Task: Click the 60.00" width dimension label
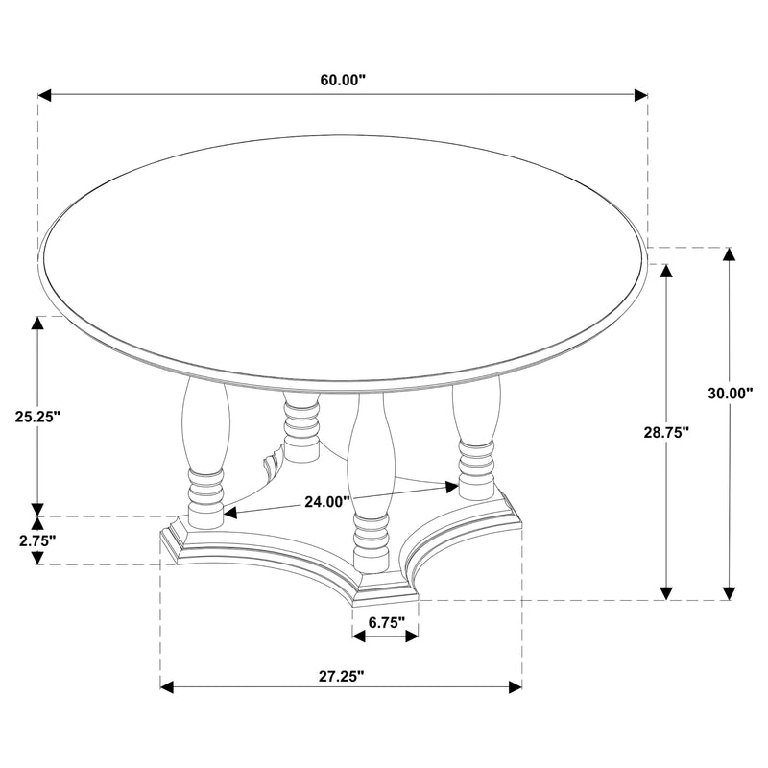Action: point(344,81)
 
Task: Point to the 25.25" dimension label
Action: point(38,416)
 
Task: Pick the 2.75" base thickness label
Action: point(36,540)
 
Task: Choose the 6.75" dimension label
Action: point(385,621)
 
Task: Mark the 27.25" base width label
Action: point(341,676)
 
